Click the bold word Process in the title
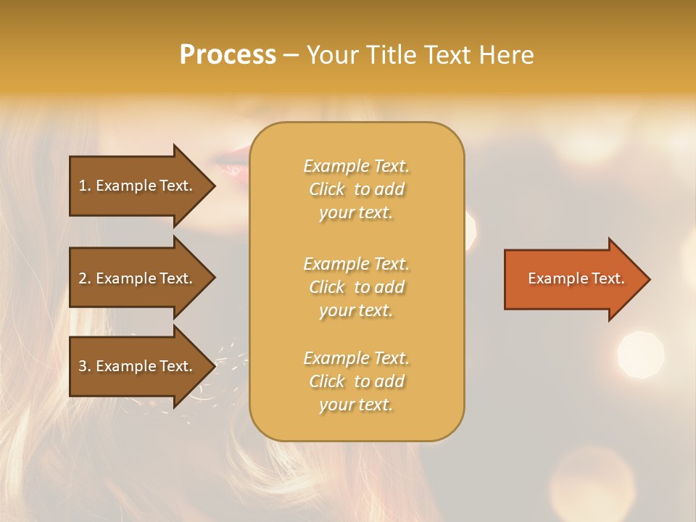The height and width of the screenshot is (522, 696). click(x=228, y=55)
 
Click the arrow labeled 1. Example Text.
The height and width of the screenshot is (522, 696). click(x=138, y=186)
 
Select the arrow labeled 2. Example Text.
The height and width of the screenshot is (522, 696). click(x=138, y=278)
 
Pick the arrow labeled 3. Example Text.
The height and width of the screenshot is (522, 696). click(x=138, y=366)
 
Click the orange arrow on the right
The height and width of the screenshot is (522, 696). click(x=573, y=279)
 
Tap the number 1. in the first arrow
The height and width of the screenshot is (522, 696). click(x=85, y=186)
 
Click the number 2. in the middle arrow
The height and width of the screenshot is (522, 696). click(x=85, y=278)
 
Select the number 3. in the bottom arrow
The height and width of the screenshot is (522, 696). click(x=85, y=366)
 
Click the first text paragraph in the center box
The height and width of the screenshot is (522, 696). click(x=356, y=189)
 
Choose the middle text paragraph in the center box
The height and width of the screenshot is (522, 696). click(x=356, y=287)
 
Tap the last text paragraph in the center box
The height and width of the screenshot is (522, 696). click(x=356, y=381)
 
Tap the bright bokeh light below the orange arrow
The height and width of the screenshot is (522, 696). click(x=640, y=355)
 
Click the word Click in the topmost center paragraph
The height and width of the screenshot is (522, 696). click(x=327, y=189)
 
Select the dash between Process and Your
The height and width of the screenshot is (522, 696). click(x=291, y=56)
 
